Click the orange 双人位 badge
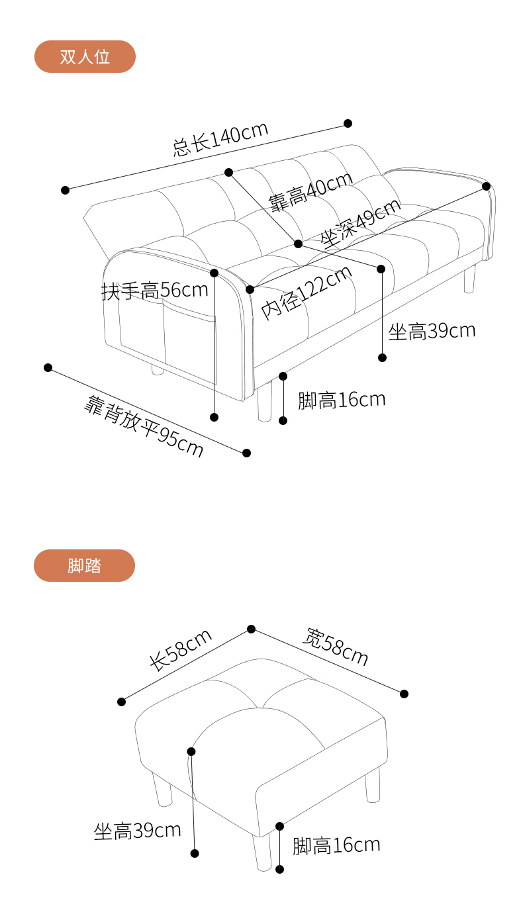point(85,57)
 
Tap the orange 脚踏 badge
point(84,566)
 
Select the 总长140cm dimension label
point(220,138)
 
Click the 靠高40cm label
point(310,192)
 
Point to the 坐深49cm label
point(361,222)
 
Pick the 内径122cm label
point(306,292)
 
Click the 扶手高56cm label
point(154,290)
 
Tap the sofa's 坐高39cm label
point(432,331)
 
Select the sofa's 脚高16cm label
point(341,400)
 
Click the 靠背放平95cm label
point(144,426)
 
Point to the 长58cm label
point(180,650)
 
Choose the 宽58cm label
point(335,647)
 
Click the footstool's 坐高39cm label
point(137,831)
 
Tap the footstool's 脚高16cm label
point(336,845)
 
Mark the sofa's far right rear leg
point(470,279)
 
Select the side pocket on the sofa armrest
point(166,338)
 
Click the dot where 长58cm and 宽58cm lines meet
point(251,629)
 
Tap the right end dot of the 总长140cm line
point(348,123)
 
